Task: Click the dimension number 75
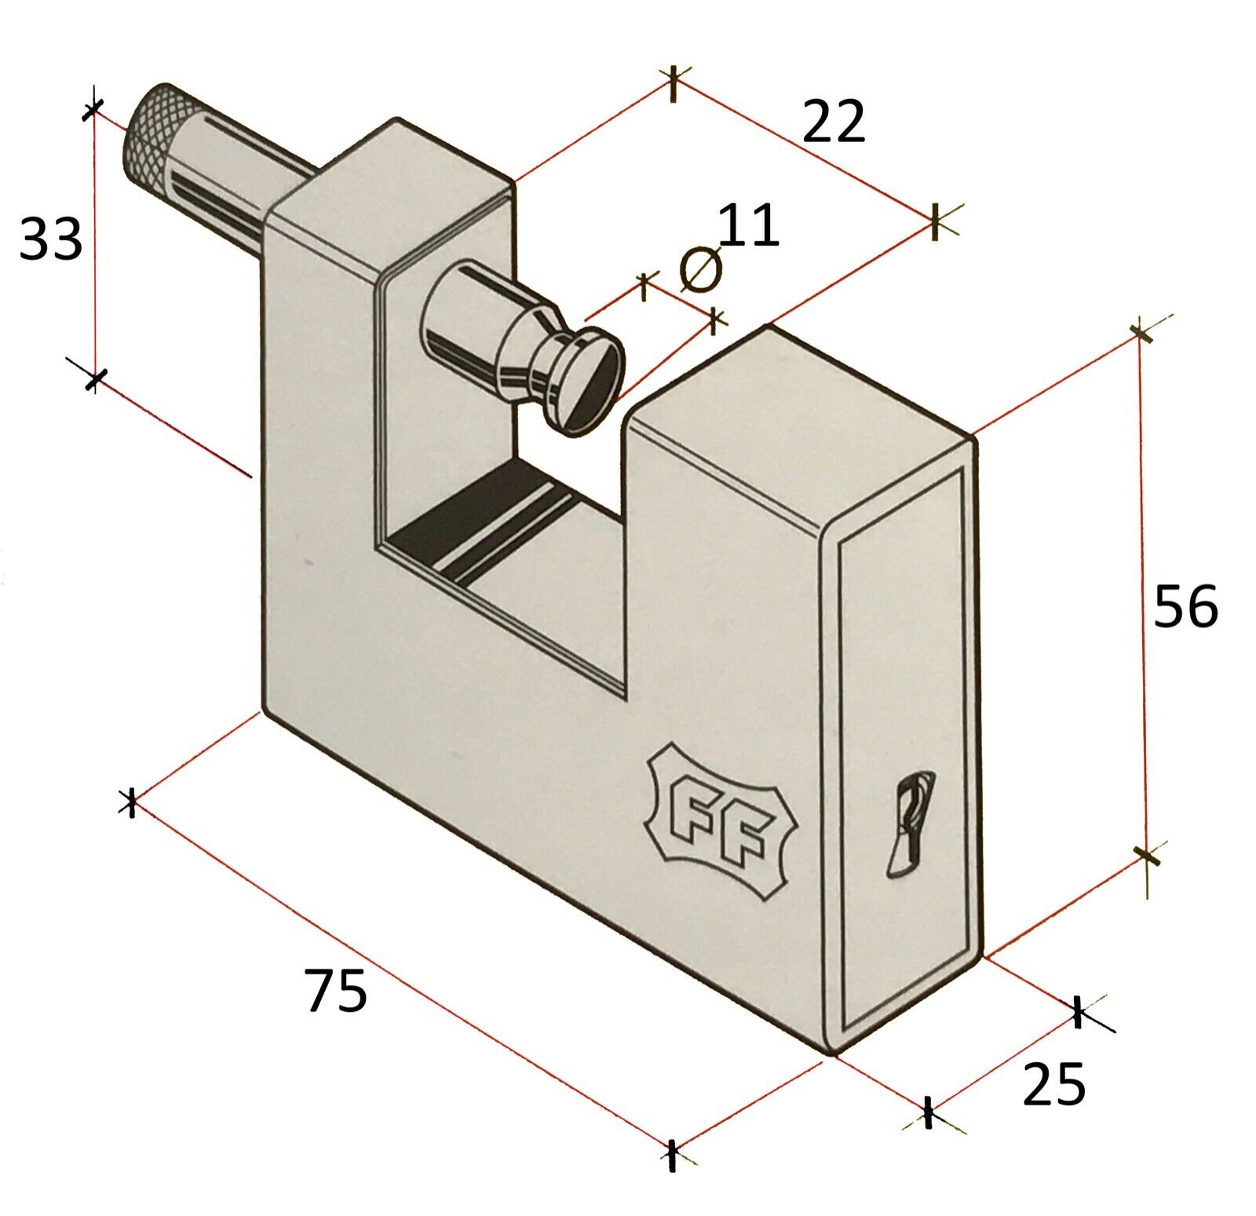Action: pyautogui.click(x=336, y=991)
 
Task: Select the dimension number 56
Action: pyautogui.click(x=1185, y=606)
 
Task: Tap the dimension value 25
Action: pyautogui.click(x=1053, y=1085)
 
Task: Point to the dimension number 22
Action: pyautogui.click(x=833, y=122)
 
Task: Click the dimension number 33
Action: pyautogui.click(x=50, y=239)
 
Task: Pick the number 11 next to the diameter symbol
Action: pyautogui.click(x=748, y=226)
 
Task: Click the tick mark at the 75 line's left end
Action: pyautogui.click(x=131, y=802)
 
